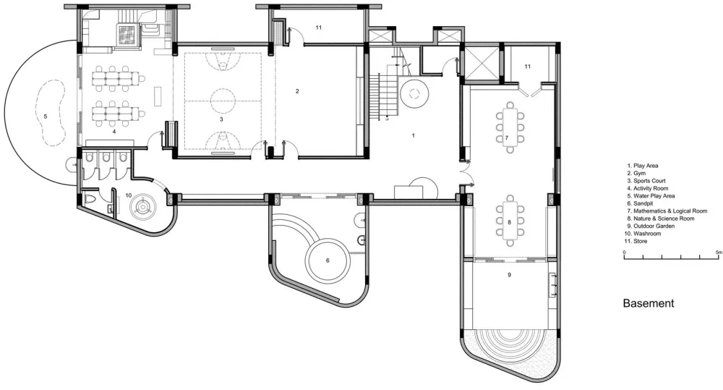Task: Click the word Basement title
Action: coord(649,303)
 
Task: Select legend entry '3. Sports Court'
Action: coord(646,181)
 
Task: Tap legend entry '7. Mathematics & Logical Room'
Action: coord(667,211)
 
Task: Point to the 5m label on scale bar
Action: coord(719,253)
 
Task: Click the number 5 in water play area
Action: coord(45,116)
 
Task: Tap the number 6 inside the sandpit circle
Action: coord(328,260)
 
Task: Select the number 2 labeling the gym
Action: coord(297,91)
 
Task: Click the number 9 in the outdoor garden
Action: coord(510,275)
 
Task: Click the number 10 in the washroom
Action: coord(128,195)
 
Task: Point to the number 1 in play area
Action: coord(413,136)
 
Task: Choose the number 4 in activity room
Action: coord(114,132)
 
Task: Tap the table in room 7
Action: coord(510,127)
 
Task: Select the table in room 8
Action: coord(510,221)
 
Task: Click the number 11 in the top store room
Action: coord(319,27)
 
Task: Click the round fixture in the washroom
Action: coord(142,205)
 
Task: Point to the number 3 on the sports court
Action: coord(221,119)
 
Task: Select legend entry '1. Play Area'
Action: coord(643,166)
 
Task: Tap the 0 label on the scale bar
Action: coord(625,253)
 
